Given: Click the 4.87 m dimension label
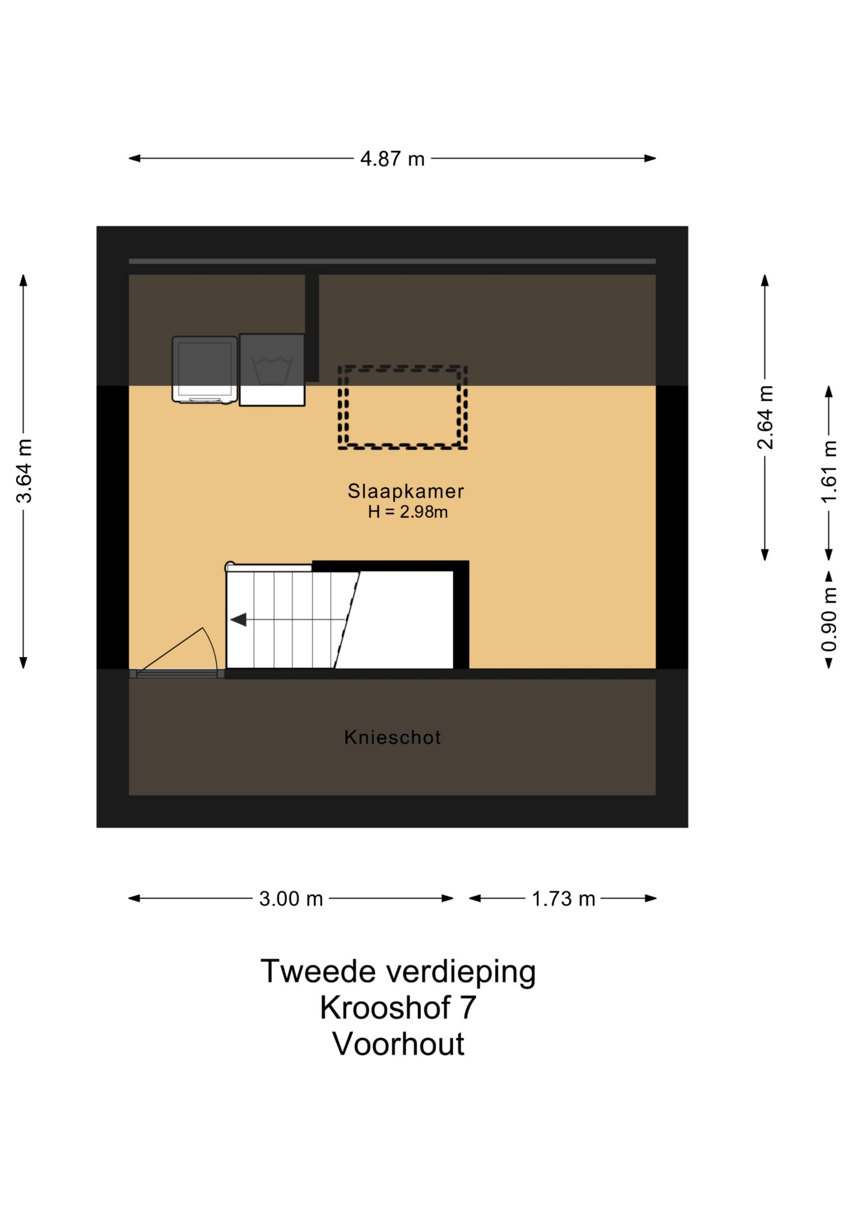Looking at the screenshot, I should pyautogui.click(x=392, y=159).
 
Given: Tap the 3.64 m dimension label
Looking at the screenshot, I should pyautogui.click(x=24, y=471).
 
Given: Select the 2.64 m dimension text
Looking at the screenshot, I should pyautogui.click(x=765, y=418).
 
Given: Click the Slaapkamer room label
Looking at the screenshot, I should pyautogui.click(x=405, y=491).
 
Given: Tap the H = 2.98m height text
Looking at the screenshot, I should pyautogui.click(x=407, y=512).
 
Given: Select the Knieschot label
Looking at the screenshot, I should pyautogui.click(x=392, y=737).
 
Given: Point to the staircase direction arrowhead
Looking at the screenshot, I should pyautogui.click(x=239, y=620).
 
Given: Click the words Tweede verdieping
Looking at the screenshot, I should pyautogui.click(x=398, y=972).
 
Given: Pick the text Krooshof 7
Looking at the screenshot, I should pyautogui.click(x=398, y=1008).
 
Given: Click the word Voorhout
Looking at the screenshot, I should pyautogui.click(x=398, y=1044).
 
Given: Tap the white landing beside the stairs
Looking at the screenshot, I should pyautogui.click(x=402, y=620).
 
